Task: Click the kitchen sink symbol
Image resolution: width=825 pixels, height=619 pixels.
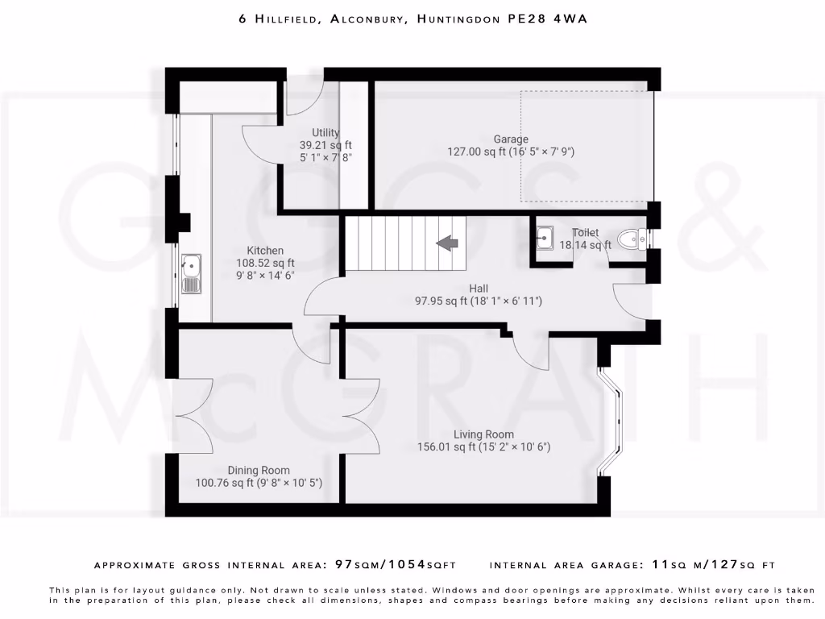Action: tap(192, 273)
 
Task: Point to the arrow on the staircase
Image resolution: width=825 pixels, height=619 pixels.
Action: tap(447, 243)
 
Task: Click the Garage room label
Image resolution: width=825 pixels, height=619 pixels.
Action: tap(511, 139)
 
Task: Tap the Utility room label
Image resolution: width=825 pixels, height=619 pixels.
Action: tap(325, 133)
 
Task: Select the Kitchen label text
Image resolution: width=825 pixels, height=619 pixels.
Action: tap(265, 251)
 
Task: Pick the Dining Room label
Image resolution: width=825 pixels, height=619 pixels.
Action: tap(259, 471)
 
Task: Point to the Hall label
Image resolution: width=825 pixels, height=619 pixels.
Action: tap(479, 289)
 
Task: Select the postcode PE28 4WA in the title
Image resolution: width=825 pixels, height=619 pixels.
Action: tap(547, 18)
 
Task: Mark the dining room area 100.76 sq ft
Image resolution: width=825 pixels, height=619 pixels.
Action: tap(225, 484)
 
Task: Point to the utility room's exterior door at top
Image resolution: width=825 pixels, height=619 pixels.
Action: tap(305, 93)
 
